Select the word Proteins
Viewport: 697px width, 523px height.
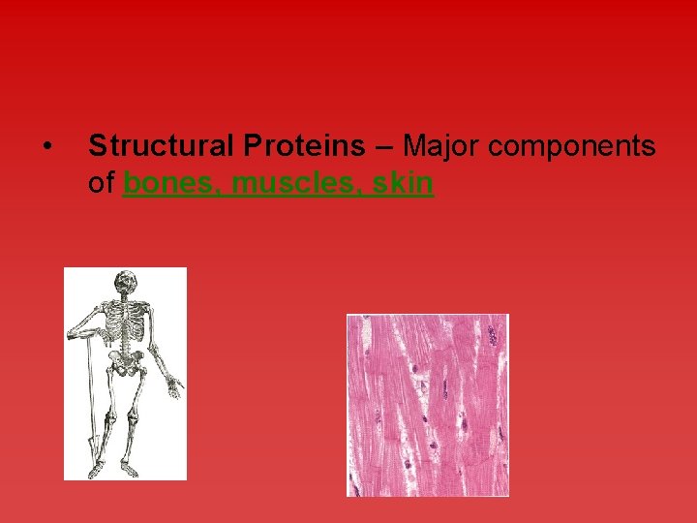[x=305, y=146]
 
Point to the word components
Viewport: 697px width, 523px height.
[x=572, y=146]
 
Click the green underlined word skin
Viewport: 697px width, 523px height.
[x=402, y=182]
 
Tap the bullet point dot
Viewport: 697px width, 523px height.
[x=46, y=147]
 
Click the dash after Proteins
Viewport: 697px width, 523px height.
[x=383, y=147]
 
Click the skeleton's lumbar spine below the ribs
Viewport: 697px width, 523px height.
[x=126, y=343]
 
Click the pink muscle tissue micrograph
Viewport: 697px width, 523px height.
[x=427, y=405]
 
